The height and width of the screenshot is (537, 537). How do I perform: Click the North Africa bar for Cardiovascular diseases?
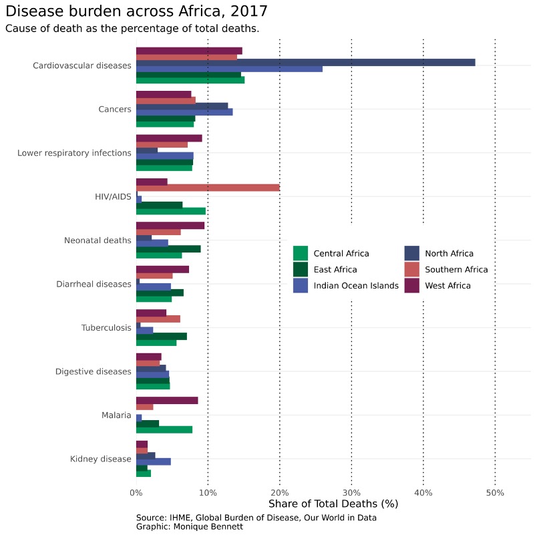pos(305,62)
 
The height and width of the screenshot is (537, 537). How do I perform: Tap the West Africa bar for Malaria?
pos(167,400)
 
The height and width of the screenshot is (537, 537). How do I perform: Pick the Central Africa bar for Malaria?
pos(164,429)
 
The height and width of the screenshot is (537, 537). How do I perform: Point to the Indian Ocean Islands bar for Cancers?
pos(184,112)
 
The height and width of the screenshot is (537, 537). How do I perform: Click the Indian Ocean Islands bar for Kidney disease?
pos(154,462)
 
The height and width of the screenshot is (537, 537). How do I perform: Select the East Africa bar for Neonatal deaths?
pos(168,248)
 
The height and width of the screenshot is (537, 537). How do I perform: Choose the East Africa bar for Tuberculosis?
pos(162,336)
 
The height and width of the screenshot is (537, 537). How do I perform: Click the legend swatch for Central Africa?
pos(301,254)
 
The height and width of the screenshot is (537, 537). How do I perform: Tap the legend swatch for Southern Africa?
pos(412,270)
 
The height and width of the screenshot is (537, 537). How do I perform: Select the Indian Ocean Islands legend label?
pos(356,286)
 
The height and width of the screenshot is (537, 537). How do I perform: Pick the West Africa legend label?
pos(447,286)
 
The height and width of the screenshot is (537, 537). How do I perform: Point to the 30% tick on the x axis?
pos(351,493)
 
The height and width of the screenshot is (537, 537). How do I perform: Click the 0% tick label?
pos(136,493)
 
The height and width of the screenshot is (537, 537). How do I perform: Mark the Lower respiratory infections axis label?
pos(74,153)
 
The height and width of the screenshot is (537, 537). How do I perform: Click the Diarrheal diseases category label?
pos(94,285)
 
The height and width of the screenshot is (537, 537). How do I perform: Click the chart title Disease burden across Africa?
pos(136,11)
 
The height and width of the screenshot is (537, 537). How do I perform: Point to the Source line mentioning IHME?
pos(256,518)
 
